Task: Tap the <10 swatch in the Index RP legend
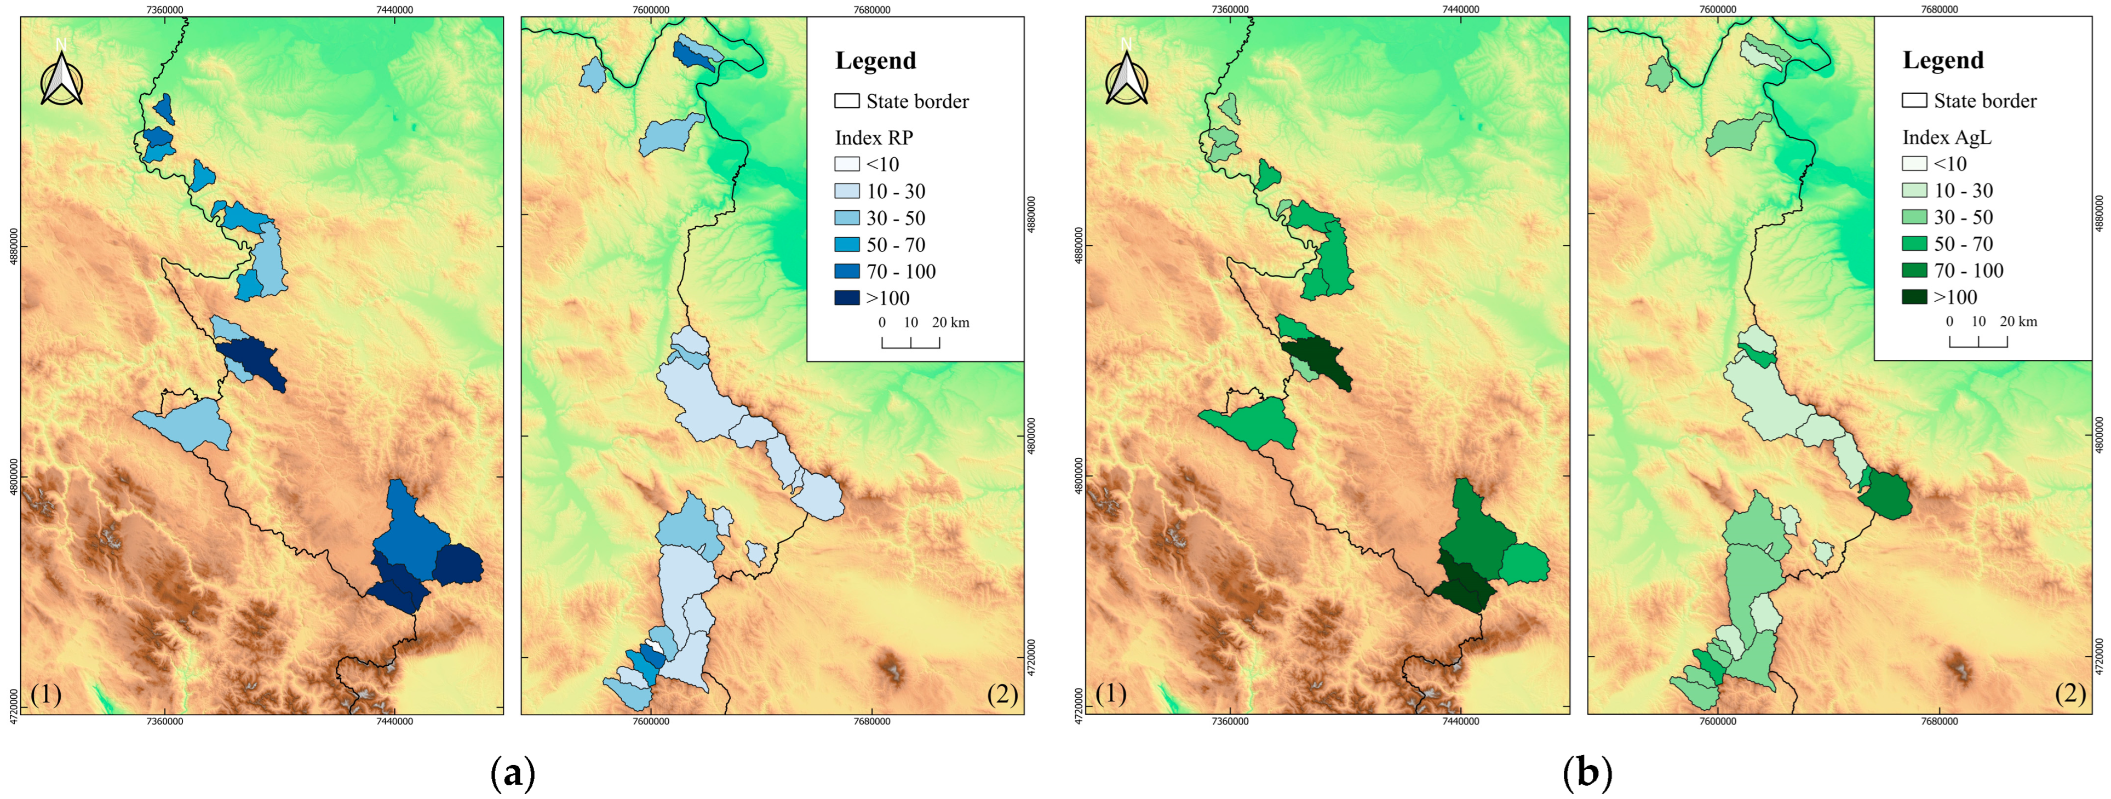pos(846,164)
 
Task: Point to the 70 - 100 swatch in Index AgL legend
pos(1914,271)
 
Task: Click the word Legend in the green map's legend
pos(1942,61)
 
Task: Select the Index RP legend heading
pos(874,137)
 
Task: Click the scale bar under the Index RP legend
pos(910,342)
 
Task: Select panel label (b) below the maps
pos(1587,773)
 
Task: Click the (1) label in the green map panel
pos(1110,694)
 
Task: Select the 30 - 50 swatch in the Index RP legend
pos(846,218)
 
